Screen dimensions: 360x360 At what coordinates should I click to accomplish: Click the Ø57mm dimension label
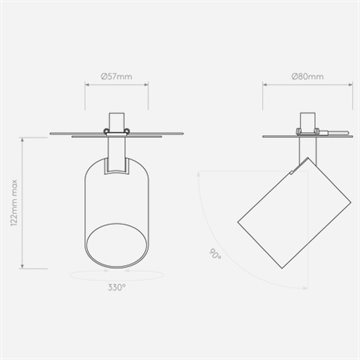click(116, 76)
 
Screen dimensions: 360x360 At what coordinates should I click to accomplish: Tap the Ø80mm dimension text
click(307, 76)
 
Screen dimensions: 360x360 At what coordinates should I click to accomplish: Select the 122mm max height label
click(14, 203)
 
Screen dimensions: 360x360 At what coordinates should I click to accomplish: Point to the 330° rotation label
click(117, 287)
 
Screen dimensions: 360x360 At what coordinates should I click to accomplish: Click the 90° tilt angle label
click(215, 254)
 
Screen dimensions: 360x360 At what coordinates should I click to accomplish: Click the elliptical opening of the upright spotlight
click(117, 245)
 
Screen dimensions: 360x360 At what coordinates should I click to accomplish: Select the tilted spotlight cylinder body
click(294, 213)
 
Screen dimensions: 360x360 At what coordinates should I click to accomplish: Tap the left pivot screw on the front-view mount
click(106, 131)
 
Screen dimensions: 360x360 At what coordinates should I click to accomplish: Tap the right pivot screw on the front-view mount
click(127, 131)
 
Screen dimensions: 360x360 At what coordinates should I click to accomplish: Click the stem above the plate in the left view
click(117, 121)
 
